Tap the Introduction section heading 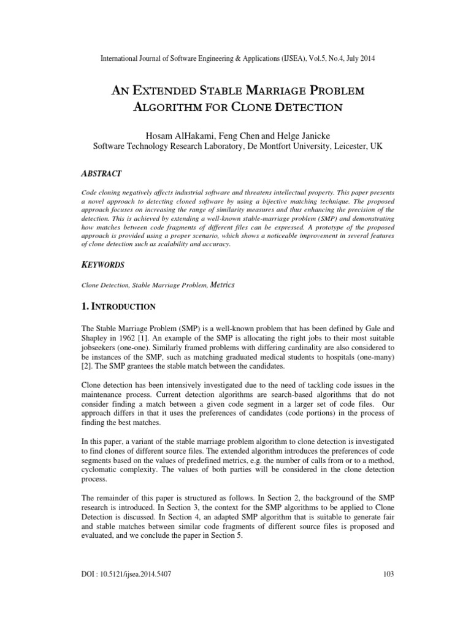click(118, 306)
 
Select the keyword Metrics click(222, 285)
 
